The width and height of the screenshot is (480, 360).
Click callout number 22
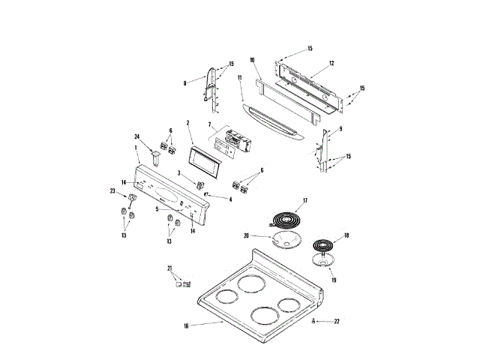click(337, 320)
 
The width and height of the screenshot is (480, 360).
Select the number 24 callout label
click(138, 136)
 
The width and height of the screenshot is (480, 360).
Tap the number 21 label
click(169, 268)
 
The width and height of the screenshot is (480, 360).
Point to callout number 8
click(185, 84)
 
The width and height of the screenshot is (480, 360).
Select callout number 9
click(340, 128)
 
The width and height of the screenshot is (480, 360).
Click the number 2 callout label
click(187, 122)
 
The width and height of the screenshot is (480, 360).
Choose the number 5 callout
click(157, 209)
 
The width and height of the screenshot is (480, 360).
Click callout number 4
click(230, 199)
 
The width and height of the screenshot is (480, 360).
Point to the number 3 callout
click(179, 173)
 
